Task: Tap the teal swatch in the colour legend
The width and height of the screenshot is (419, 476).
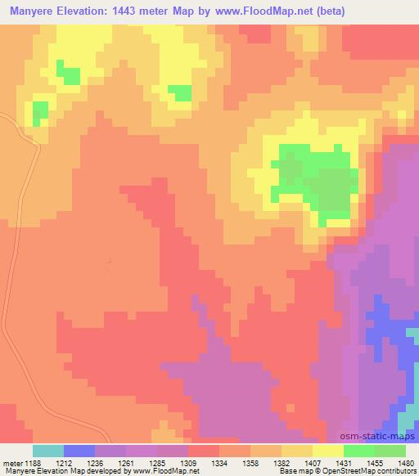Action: coord(48,451)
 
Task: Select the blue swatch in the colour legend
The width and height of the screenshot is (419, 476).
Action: coord(79,451)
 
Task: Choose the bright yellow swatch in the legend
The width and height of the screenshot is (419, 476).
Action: coord(328,451)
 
